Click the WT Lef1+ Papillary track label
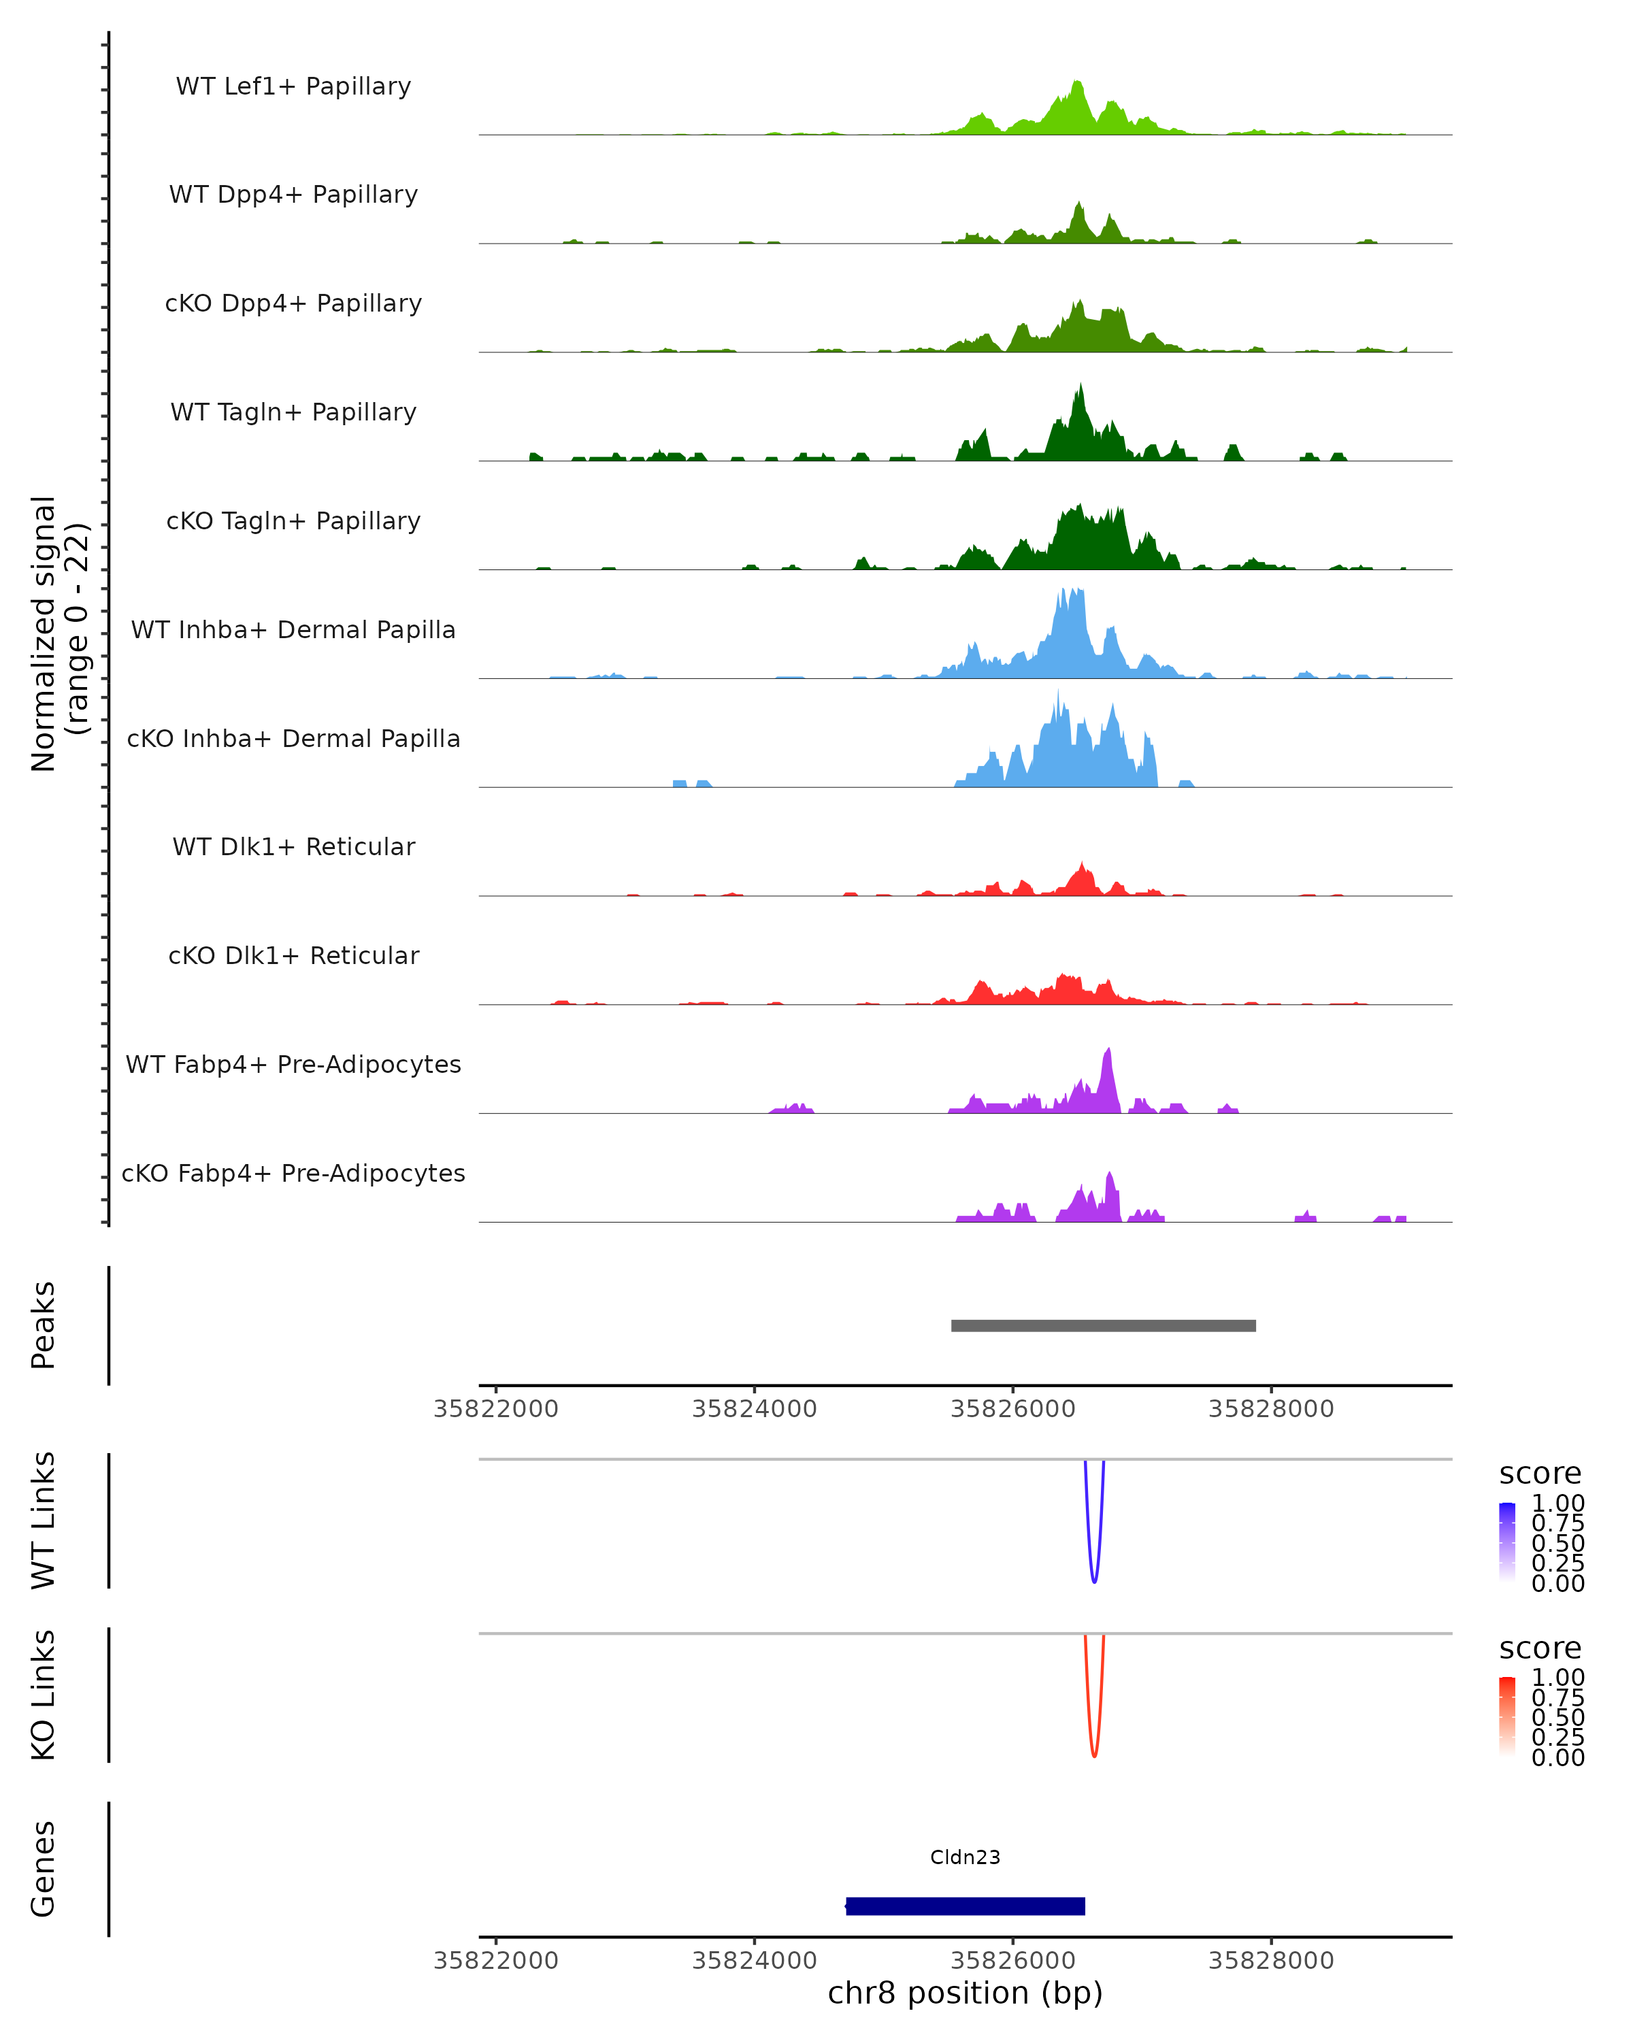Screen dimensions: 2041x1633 pos(293,86)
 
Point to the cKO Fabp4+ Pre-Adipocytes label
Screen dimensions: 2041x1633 pos(293,1173)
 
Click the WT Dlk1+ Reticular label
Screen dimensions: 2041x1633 pos(293,846)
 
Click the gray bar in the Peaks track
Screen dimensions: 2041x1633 pos(1103,1325)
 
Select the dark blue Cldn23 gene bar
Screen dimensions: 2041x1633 pos(965,1906)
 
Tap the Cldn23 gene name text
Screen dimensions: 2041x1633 pos(965,1857)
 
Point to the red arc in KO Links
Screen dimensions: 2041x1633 pos(1094,1753)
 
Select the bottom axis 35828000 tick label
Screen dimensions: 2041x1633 pos(1270,1961)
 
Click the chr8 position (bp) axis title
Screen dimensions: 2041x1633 pos(965,1993)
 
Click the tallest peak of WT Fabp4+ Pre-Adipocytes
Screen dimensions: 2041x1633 pos(1108,1051)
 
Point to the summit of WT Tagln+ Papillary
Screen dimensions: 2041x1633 pos(1080,386)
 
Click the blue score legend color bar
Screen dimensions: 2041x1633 pos(1507,1542)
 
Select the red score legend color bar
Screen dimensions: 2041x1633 pos(1507,1716)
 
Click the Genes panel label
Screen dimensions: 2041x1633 pos(44,1869)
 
